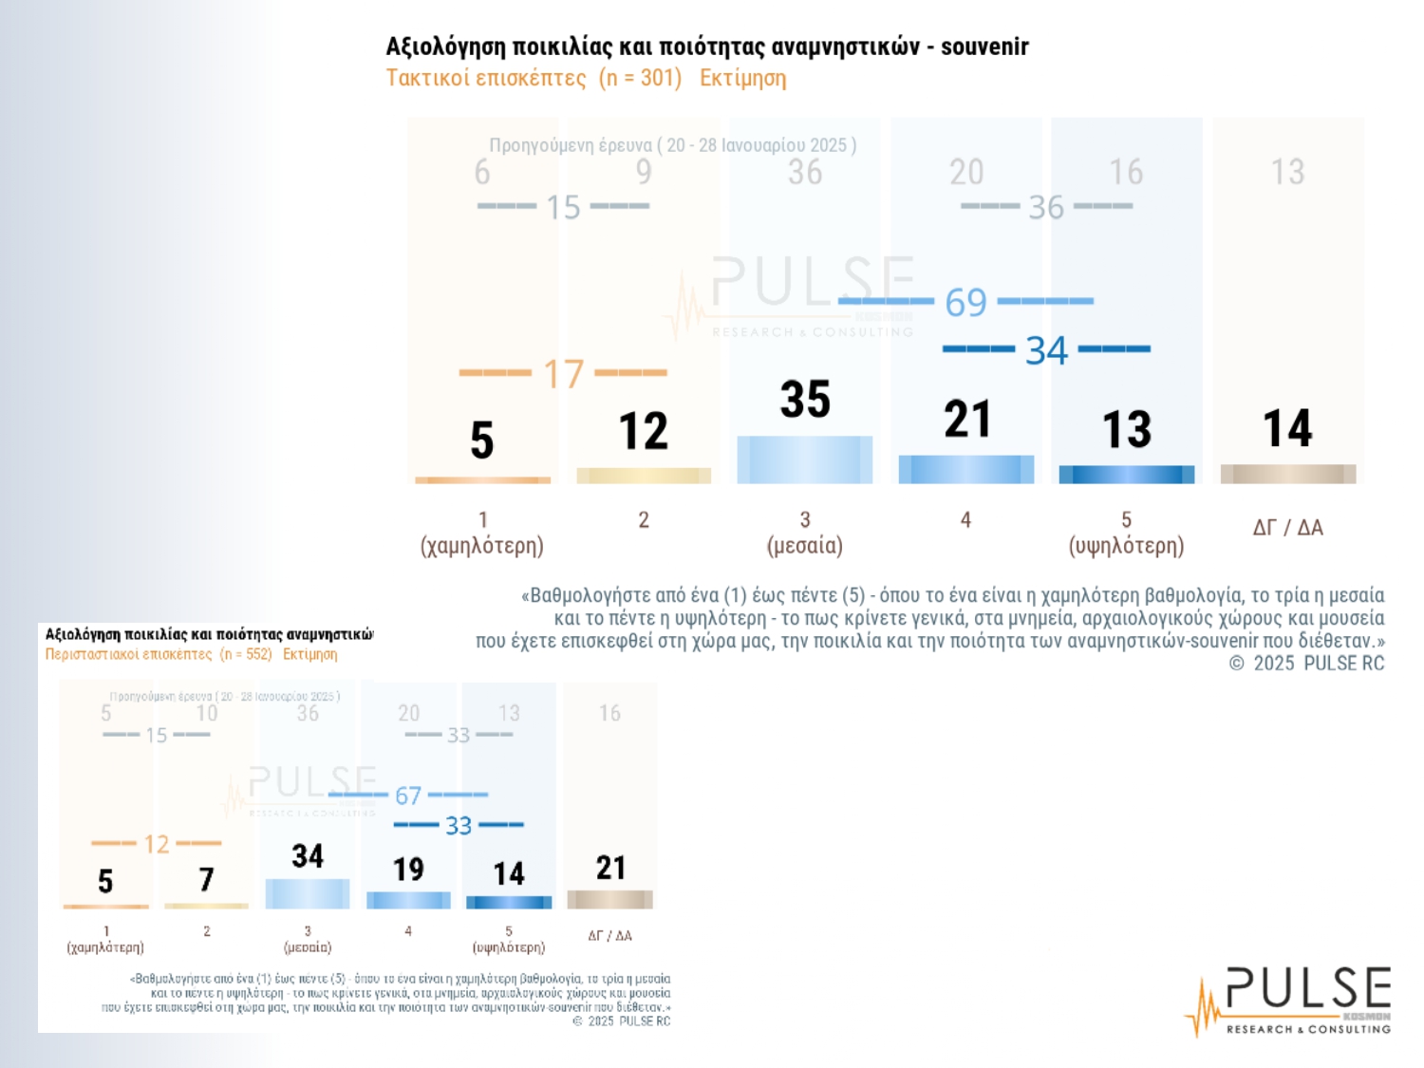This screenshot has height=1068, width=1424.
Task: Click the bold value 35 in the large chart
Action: click(x=805, y=400)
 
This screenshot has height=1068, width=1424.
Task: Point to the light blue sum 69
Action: click(x=965, y=303)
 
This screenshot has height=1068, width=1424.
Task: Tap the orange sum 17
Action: click(x=563, y=374)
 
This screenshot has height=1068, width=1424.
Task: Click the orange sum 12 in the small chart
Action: click(x=157, y=844)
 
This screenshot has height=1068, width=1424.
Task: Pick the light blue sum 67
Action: click(x=408, y=796)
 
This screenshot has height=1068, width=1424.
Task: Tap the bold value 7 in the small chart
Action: click(x=206, y=880)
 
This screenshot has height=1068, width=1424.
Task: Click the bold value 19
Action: click(x=408, y=870)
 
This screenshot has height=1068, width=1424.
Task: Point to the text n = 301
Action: click(x=641, y=78)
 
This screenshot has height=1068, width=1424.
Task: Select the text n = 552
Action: click(x=246, y=654)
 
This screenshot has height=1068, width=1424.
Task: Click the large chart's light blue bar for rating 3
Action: click(x=805, y=459)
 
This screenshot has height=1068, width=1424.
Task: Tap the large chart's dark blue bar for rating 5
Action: click(x=1127, y=475)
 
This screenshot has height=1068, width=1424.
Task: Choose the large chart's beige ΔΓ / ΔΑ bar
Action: click(x=1288, y=474)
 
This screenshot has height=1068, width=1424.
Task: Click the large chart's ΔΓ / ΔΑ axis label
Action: click(x=1288, y=528)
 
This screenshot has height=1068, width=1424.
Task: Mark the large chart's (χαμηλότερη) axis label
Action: click(x=482, y=546)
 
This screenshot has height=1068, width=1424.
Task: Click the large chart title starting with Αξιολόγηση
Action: click(x=707, y=47)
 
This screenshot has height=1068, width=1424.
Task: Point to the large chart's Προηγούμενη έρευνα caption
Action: click(x=672, y=145)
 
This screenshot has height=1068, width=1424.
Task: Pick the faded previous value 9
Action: click(x=644, y=172)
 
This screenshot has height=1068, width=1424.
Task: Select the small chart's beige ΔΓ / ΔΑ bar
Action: click(x=609, y=899)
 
